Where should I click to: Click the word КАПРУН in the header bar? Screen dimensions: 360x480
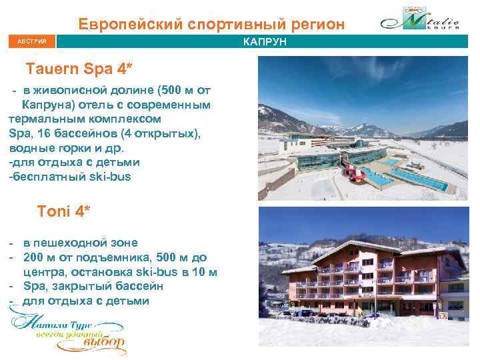point(265,42)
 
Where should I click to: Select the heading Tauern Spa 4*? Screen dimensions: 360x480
point(79,69)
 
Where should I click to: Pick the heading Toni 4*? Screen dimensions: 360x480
point(64,211)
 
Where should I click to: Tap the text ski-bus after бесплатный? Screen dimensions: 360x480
point(113,177)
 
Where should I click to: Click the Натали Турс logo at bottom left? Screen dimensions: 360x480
point(67,331)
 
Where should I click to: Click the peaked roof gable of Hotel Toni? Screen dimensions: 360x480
point(371,246)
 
